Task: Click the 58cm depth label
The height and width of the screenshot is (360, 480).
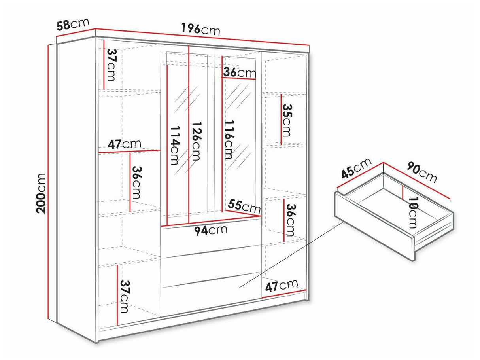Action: [73, 24]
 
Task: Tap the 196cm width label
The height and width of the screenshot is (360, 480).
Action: [200, 30]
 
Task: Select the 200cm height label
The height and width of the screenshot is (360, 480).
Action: [41, 193]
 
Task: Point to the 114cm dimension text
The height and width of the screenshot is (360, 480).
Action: [176, 146]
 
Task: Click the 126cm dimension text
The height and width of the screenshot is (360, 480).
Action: [196, 141]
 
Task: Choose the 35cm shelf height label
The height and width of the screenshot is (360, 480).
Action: [287, 120]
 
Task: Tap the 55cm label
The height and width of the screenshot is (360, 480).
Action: [244, 207]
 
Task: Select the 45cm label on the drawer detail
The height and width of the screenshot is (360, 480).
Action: [356, 168]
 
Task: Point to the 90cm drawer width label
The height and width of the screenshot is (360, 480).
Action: [421, 172]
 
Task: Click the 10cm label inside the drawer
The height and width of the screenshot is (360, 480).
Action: [413, 212]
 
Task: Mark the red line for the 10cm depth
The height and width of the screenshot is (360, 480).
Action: [403, 192]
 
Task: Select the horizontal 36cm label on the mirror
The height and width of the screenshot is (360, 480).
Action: [239, 72]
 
